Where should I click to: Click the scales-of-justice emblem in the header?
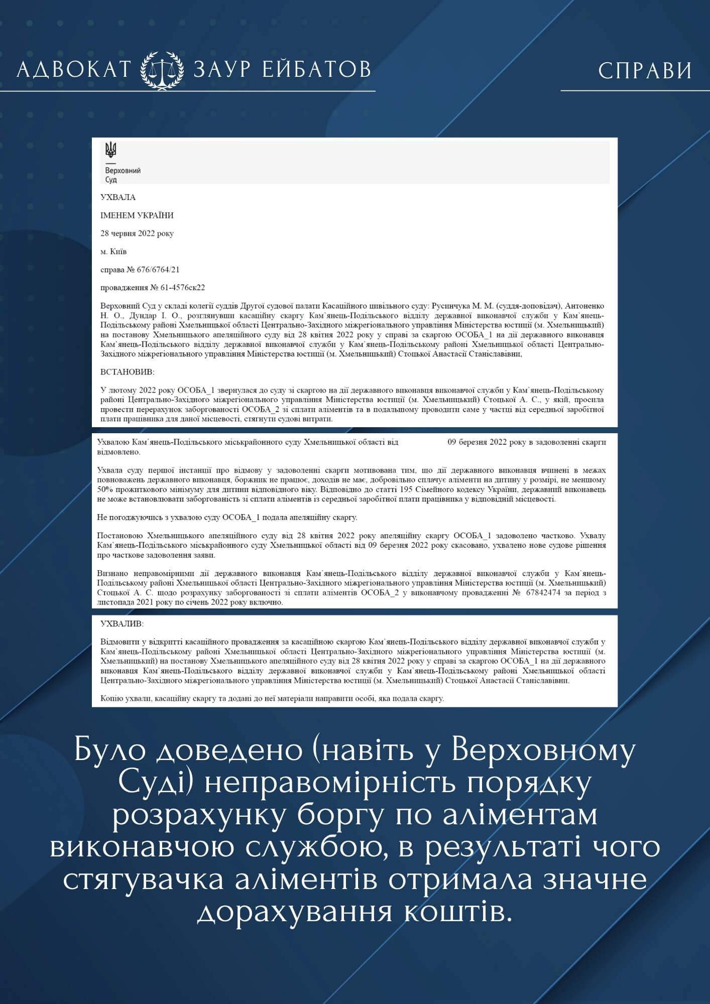coord(162,69)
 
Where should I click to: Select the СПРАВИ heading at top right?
coord(645,71)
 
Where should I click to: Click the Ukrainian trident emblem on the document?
coord(110,150)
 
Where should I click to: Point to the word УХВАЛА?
coord(118,197)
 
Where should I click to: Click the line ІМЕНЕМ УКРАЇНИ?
coord(137,215)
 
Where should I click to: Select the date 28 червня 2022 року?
coord(137,233)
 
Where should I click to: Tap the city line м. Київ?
coord(113,252)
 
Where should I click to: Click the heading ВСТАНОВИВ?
coord(128,372)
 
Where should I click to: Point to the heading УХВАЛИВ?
coord(122,623)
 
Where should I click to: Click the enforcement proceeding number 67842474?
coord(543,592)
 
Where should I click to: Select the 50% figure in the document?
coord(105,489)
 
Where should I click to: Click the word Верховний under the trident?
coord(123,171)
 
